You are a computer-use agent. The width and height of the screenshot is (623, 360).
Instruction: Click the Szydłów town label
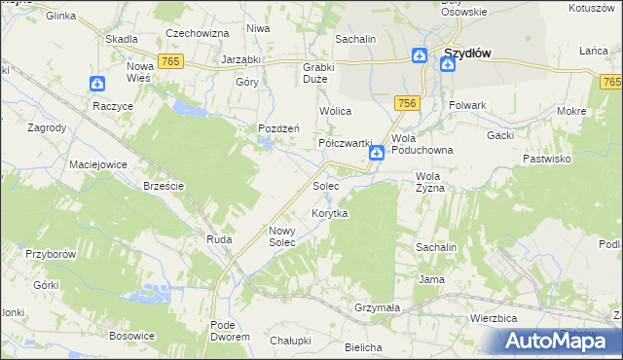pyautogui.click(x=465, y=54)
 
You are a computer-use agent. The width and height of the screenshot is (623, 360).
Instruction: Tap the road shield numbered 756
pyautogui.click(x=407, y=103)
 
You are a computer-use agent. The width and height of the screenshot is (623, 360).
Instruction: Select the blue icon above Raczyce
pyautogui.click(x=96, y=85)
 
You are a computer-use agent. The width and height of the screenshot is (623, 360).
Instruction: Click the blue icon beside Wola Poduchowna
pyautogui.click(x=376, y=154)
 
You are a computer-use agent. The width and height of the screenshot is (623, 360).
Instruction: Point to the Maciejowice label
pyautogui.click(x=98, y=164)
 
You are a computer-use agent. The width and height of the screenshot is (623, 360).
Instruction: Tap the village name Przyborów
pyautogui.click(x=51, y=253)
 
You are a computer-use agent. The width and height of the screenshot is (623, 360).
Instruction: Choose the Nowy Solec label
pyautogui.click(x=288, y=236)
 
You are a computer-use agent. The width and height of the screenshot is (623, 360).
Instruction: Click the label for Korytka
pyautogui.click(x=329, y=213)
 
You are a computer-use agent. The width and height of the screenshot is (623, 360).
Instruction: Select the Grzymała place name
pyautogui.click(x=378, y=307)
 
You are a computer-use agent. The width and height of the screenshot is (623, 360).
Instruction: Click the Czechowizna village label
pyautogui.click(x=197, y=33)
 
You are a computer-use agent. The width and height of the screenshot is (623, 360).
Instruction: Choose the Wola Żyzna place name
pyautogui.click(x=429, y=182)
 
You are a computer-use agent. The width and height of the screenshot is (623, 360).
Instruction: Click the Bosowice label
pyautogui.click(x=132, y=336)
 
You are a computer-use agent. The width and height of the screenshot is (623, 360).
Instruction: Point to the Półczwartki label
pyautogui.click(x=347, y=142)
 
